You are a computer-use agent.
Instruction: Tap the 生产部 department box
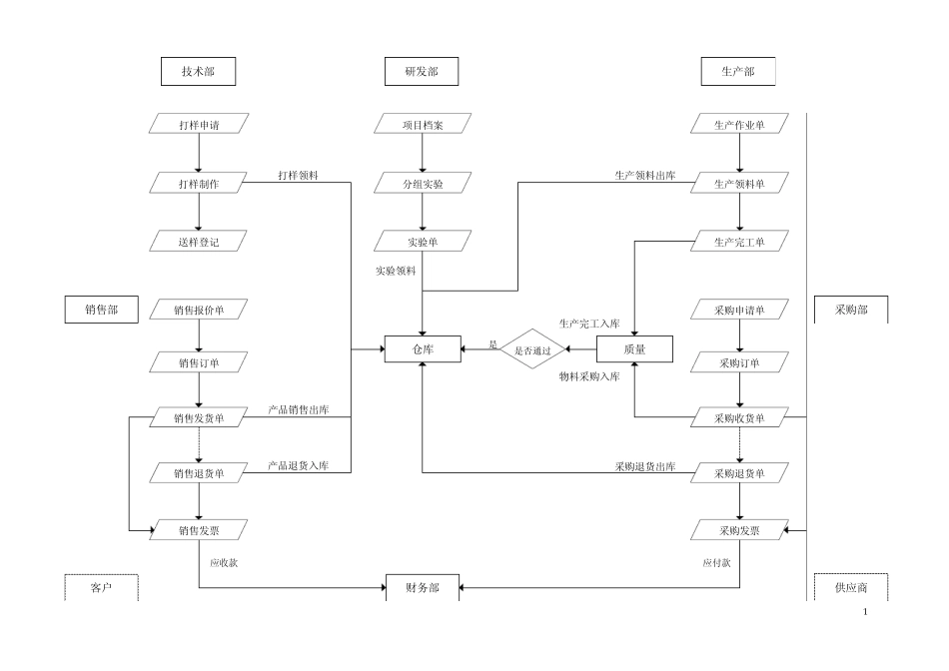pyautogui.click(x=737, y=72)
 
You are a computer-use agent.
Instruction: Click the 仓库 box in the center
pyautogui.click(x=423, y=349)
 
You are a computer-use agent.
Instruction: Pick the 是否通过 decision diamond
pyautogui.click(x=532, y=350)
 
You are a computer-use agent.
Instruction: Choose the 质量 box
pyautogui.click(x=634, y=349)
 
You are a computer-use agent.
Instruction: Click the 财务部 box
pyautogui.click(x=423, y=588)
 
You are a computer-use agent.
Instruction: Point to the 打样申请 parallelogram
pyautogui.click(x=199, y=125)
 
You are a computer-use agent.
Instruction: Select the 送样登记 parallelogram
pyautogui.click(x=199, y=242)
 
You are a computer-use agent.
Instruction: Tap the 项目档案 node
pyautogui.click(x=423, y=125)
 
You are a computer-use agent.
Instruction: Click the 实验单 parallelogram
pyautogui.click(x=423, y=242)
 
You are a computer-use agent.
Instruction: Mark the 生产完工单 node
pyautogui.click(x=739, y=242)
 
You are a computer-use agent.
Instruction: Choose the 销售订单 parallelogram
pyautogui.click(x=199, y=362)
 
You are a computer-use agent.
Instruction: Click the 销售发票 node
pyautogui.click(x=199, y=530)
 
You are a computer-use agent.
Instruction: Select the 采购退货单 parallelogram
pyautogui.click(x=739, y=473)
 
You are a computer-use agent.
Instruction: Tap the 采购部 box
pyautogui.click(x=851, y=311)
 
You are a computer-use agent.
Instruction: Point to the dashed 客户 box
pyautogui.click(x=101, y=588)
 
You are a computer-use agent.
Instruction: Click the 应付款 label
pyautogui.click(x=715, y=562)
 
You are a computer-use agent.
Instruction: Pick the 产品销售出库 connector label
pyautogui.click(x=299, y=410)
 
